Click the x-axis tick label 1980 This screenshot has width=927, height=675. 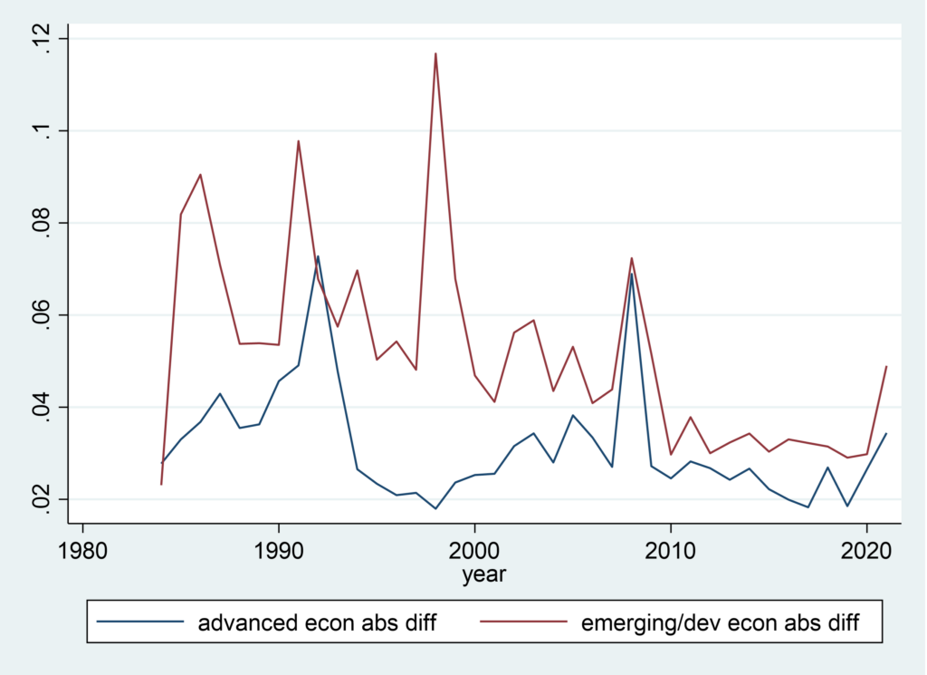[x=82, y=549]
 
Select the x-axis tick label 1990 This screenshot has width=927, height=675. [x=279, y=549]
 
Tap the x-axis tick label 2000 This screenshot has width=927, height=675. [x=474, y=549]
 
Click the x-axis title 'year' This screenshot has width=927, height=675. [x=483, y=574]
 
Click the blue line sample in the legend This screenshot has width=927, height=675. [x=139, y=623]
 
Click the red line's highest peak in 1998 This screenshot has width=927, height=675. [x=435, y=53]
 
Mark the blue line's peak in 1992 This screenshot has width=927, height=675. [x=318, y=256]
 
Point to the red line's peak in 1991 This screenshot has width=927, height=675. [x=298, y=140]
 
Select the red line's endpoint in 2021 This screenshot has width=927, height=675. [x=886, y=367]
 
